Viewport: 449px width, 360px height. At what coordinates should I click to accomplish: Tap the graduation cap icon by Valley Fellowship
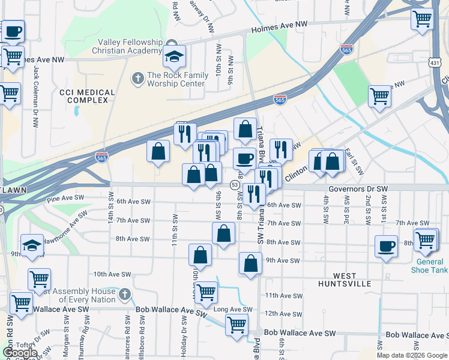[173, 57]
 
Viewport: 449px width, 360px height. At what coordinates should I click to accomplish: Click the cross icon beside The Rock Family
[137, 77]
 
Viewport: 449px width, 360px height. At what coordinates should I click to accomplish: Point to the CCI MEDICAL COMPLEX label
[87, 96]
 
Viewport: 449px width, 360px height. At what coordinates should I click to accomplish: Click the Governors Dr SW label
[358, 188]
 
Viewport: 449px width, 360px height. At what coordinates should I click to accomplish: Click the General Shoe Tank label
[429, 265]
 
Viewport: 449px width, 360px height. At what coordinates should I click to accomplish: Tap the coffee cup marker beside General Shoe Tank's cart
[386, 246]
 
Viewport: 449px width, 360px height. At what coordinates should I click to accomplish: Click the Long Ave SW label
[233, 310]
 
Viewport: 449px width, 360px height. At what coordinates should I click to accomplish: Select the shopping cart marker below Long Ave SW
[237, 325]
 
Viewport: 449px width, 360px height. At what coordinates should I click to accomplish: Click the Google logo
[19, 353]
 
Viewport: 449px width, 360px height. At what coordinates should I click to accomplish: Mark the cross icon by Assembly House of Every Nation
[124, 295]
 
